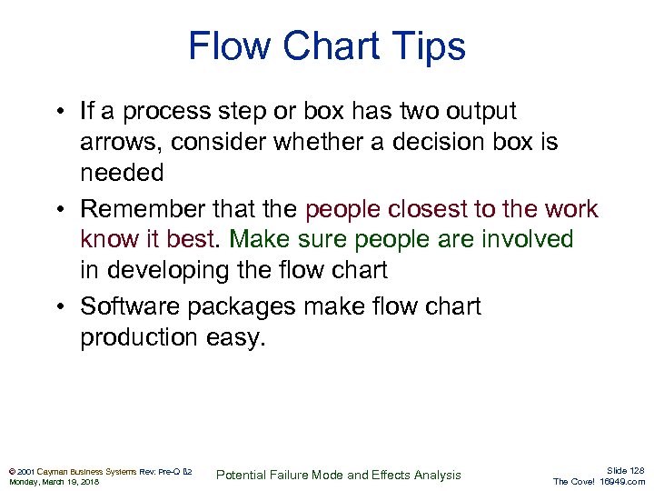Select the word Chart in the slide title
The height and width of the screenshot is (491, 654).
[x=317, y=46]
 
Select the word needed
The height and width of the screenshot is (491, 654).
[x=122, y=173]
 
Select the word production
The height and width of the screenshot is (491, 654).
[x=145, y=338]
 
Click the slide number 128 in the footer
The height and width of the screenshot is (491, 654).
[x=634, y=470]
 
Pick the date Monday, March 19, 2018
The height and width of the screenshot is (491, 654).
[x=54, y=482]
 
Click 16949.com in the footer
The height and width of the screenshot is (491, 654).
[x=622, y=482]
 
